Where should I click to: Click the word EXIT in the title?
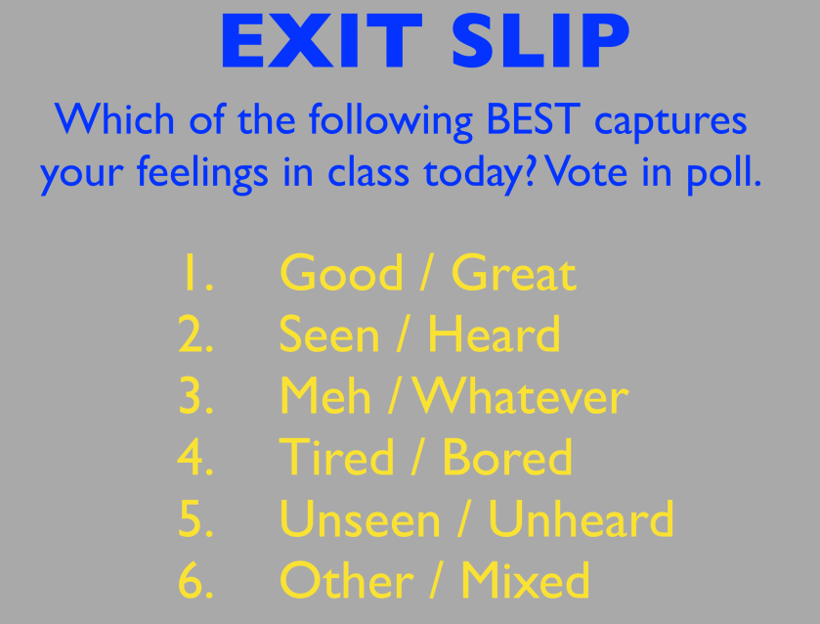click(322, 41)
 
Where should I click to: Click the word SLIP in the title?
click(540, 41)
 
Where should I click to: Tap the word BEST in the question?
click(534, 119)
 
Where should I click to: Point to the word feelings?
click(202, 174)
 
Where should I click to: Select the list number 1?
click(196, 272)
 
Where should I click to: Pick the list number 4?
click(195, 457)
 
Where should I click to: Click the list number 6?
click(195, 580)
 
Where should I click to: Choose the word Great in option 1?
click(513, 272)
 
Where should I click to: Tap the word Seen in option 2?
click(329, 334)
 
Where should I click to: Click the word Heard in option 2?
click(495, 333)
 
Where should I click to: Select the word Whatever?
click(521, 395)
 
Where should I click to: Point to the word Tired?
click(336, 457)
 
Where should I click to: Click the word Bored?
click(507, 457)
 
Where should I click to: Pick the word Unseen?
click(360, 518)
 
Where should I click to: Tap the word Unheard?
click(581, 518)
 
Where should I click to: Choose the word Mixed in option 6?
click(526, 580)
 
